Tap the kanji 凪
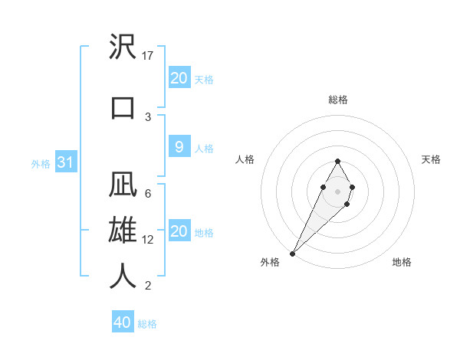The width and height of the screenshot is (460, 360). pos(123,185)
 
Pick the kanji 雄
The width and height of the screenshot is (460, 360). pos(123,230)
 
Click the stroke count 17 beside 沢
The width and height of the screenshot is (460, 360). pos(149,56)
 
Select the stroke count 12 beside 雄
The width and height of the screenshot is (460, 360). pos(149,240)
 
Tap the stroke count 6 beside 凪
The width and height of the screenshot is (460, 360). pos(148,194)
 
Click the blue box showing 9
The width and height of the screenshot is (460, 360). pos(179,147)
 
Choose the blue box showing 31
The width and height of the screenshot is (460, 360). pos(66,163)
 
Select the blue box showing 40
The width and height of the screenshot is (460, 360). pos(123,322)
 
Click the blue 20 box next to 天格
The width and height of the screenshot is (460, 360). pos(179,78)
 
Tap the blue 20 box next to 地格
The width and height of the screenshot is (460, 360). pos(179,231)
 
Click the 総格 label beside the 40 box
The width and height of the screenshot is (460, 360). pos(147,324)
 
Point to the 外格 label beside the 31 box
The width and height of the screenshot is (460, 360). pos(41,164)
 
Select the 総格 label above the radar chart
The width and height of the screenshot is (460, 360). pos(338,100)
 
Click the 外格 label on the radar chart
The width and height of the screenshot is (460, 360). pos(271,263)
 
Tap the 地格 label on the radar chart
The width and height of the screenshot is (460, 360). pos(402,263)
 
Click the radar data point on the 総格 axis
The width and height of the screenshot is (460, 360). pos(338,161)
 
